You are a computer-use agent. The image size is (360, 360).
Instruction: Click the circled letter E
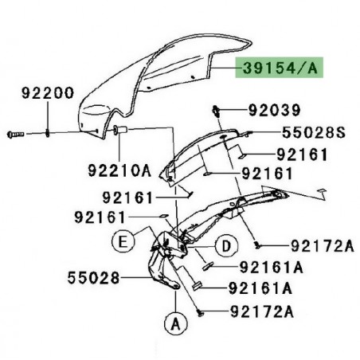coord(123,241)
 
